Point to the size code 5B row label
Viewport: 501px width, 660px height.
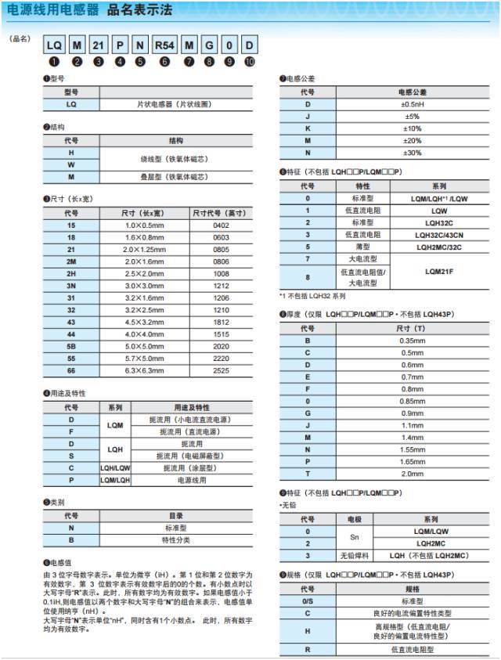tap(71, 345)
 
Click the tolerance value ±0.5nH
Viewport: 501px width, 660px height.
tap(411, 104)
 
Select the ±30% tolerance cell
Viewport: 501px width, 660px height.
tap(411, 152)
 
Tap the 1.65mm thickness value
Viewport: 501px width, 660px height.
tap(411, 462)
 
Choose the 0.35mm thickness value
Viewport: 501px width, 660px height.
tap(411, 341)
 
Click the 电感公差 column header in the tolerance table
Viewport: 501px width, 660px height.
tap(411, 92)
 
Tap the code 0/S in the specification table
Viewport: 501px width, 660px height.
tap(308, 601)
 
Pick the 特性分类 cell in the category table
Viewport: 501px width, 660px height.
tap(176, 539)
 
